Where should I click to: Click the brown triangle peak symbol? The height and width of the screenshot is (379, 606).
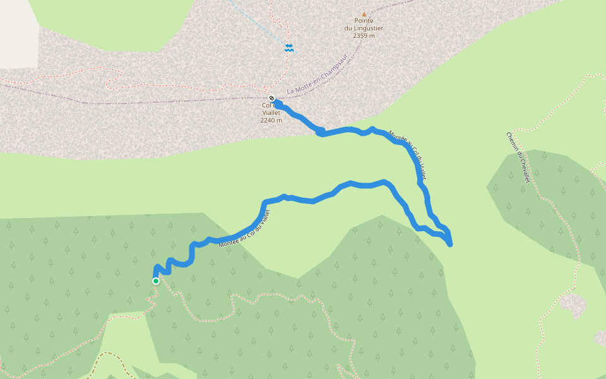click(364, 14)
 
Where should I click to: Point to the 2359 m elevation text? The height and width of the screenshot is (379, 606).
click(364, 36)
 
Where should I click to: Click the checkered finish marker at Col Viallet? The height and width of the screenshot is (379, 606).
click(271, 98)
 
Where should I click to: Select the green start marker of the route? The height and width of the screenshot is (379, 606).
click(155, 280)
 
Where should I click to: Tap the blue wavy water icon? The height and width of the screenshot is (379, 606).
click(288, 48)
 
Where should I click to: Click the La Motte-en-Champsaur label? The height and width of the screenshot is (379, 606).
click(317, 83)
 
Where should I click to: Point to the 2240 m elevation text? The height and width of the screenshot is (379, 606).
click(271, 120)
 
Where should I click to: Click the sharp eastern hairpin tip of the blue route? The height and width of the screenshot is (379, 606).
click(450, 244)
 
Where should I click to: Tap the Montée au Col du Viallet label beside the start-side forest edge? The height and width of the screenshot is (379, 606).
click(249, 228)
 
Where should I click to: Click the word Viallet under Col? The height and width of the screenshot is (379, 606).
click(271, 113)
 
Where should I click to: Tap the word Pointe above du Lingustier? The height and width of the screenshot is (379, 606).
click(364, 21)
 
